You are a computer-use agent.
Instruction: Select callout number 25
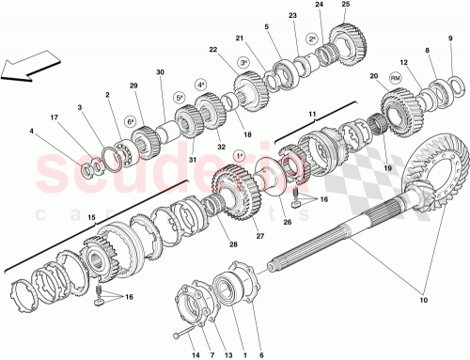click(345, 6)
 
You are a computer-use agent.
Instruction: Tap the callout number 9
click(450, 39)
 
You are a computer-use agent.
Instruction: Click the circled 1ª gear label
click(239, 155)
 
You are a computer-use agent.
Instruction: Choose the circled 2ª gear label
click(311, 39)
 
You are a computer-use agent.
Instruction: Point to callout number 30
click(160, 72)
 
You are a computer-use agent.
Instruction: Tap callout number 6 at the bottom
click(260, 355)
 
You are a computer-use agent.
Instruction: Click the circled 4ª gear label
click(200, 86)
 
